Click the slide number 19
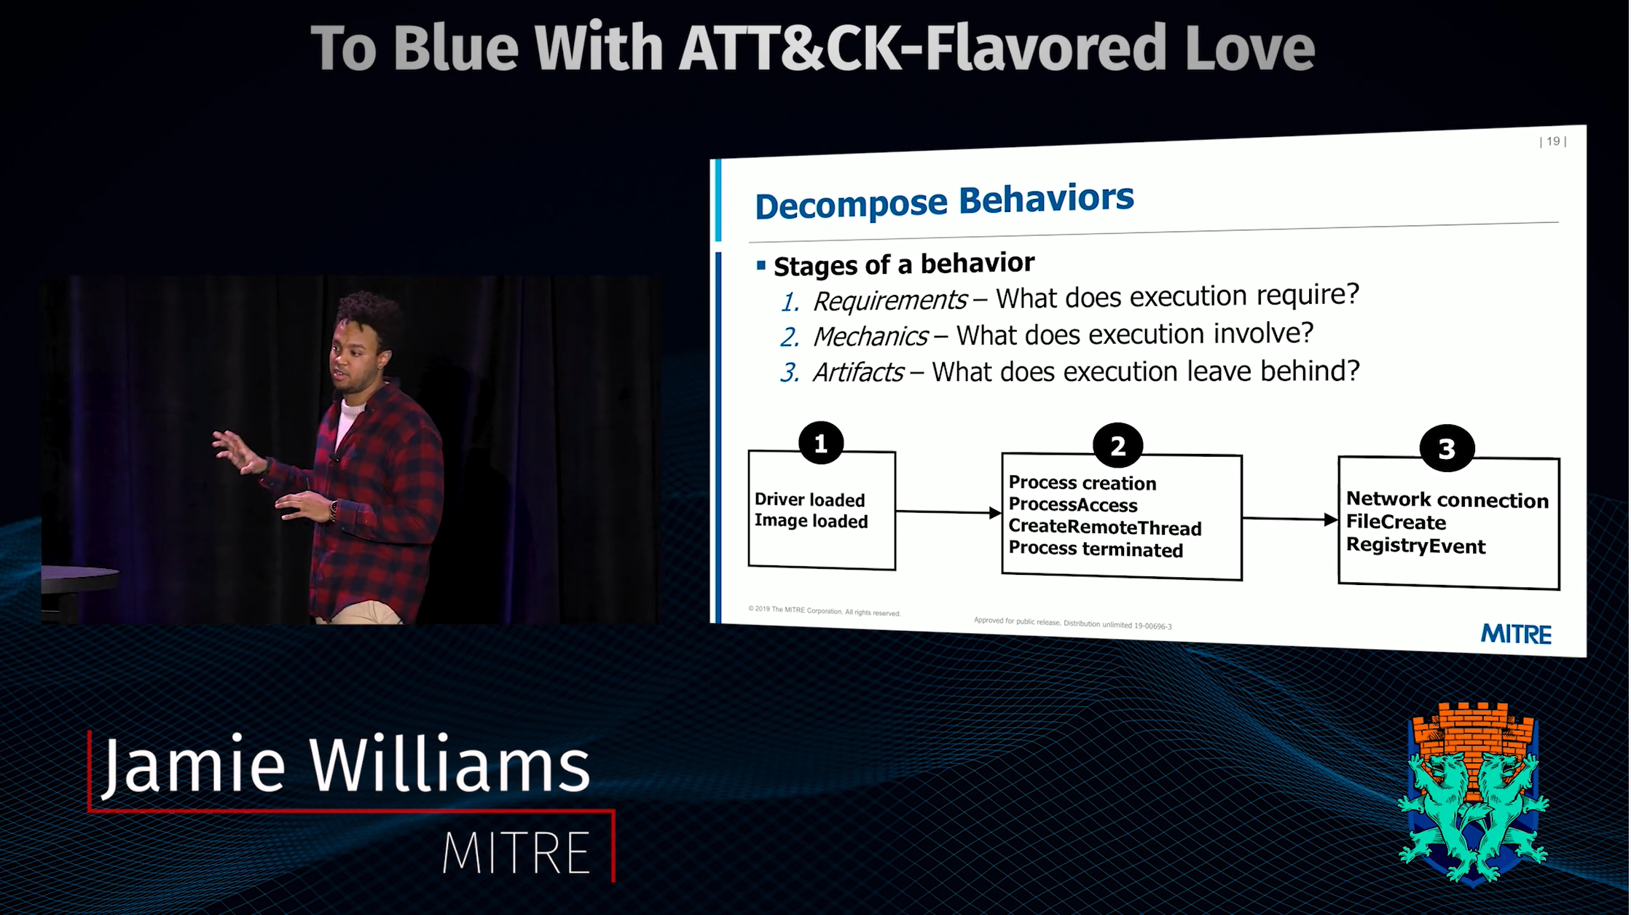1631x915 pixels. pos(1552,141)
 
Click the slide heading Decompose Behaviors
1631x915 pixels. pos(944,202)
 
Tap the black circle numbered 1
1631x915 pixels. pos(821,443)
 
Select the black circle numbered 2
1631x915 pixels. pos(1117,446)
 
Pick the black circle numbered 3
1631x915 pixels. pos(1447,448)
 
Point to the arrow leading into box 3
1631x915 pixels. pos(1290,519)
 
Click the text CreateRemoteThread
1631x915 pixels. pos(1104,527)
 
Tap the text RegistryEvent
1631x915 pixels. pos(1415,546)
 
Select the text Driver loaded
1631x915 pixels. pos(809,500)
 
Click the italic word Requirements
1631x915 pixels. pos(889,300)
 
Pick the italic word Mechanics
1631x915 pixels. pos(870,336)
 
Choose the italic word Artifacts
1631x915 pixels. pos(858,372)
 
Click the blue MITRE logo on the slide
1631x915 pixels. pos(1516,634)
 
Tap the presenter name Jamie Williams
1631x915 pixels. pos(345,765)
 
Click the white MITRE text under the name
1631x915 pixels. pos(516,852)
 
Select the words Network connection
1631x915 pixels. pos(1447,500)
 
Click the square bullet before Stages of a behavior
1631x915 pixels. pos(761,266)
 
